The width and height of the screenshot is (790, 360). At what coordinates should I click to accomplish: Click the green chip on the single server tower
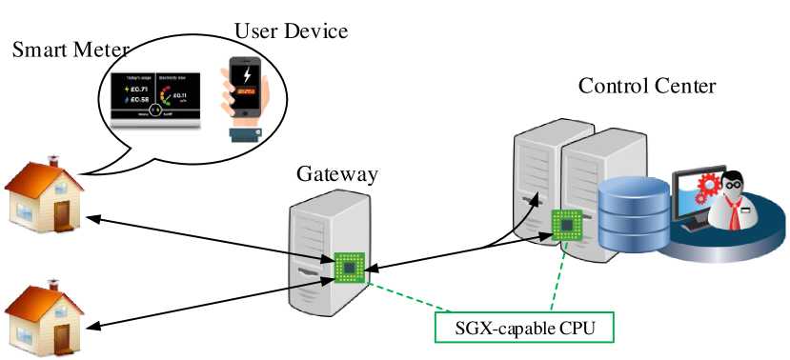[x=349, y=269]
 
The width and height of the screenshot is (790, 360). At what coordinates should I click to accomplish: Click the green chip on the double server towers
[x=567, y=225]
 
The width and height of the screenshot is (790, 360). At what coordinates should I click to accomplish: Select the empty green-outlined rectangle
[x=523, y=327]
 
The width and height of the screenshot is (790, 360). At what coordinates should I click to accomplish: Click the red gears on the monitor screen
[x=710, y=188]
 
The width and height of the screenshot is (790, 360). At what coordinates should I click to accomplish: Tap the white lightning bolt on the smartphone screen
[x=247, y=74]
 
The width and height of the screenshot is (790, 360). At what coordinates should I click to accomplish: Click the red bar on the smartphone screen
[x=247, y=92]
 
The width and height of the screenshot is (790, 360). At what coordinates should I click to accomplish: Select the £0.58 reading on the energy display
[x=140, y=99]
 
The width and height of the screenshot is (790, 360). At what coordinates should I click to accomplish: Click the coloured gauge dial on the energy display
[x=171, y=93]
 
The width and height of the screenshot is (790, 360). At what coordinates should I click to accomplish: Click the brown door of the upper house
[x=62, y=215]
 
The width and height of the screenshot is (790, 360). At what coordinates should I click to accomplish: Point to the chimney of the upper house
[x=54, y=161]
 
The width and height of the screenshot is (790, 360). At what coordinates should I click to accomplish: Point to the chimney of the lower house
[x=54, y=283]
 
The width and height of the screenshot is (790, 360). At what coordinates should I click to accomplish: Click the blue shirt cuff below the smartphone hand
[x=245, y=134]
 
